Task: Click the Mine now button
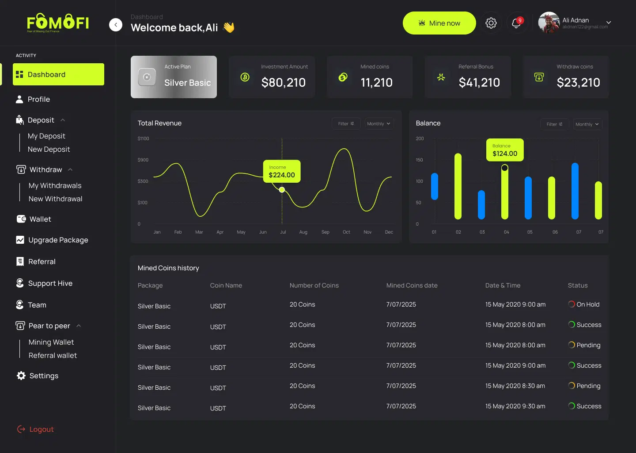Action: pyautogui.click(x=439, y=23)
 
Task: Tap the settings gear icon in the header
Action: pyautogui.click(x=491, y=23)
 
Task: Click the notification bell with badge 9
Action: pyautogui.click(x=516, y=23)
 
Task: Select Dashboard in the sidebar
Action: pyautogui.click(x=58, y=74)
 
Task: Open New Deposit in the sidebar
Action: pyautogui.click(x=49, y=150)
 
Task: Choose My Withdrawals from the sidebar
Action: pyautogui.click(x=55, y=186)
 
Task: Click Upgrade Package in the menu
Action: pyautogui.click(x=58, y=240)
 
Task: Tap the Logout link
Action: pyautogui.click(x=41, y=429)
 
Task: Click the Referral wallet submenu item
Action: pyautogui.click(x=53, y=356)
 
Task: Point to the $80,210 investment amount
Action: pyautogui.click(x=283, y=82)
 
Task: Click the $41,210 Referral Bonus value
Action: pyautogui.click(x=479, y=82)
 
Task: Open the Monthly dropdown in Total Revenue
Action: pyautogui.click(x=379, y=124)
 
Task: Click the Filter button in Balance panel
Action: pyautogui.click(x=554, y=124)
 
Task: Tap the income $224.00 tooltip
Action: pyautogui.click(x=282, y=172)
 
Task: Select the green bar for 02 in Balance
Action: pyautogui.click(x=458, y=186)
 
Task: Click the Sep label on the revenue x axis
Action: pyautogui.click(x=325, y=232)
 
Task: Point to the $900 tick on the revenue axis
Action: pyautogui.click(x=143, y=160)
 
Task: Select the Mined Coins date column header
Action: pyautogui.click(x=412, y=286)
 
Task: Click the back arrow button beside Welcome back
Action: pyautogui.click(x=116, y=25)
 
